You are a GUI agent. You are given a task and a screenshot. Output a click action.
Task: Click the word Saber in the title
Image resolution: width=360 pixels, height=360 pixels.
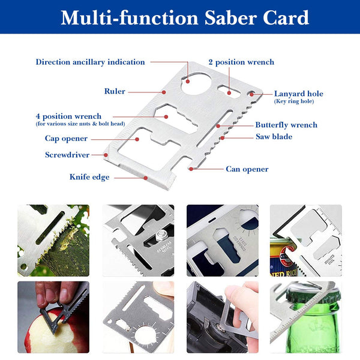230,17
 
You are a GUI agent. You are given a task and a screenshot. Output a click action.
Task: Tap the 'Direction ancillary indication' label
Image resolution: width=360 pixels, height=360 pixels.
90,62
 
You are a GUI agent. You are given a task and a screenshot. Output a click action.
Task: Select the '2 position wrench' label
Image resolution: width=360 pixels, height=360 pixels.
241,62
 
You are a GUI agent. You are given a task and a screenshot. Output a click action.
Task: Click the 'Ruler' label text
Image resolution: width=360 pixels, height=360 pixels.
115,91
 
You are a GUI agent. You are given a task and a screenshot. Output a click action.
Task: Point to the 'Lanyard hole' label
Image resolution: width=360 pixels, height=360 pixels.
299,94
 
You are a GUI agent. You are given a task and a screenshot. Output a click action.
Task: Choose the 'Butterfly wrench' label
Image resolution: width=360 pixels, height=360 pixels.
286,125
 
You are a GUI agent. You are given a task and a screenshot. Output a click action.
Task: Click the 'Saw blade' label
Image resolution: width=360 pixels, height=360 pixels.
274,137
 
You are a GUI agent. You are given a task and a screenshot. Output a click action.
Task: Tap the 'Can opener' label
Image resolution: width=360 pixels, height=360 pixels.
247,169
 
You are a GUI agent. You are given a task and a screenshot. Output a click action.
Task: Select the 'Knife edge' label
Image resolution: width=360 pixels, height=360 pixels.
89,177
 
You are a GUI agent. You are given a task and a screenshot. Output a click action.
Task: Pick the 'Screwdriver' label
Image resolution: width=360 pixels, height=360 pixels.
67,155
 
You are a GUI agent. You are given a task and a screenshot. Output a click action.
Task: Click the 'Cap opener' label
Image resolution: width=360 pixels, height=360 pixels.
66,139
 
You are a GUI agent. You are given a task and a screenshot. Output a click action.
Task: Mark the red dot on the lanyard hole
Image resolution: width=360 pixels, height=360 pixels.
251,94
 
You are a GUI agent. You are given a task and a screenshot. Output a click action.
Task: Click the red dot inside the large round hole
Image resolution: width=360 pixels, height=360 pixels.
188,81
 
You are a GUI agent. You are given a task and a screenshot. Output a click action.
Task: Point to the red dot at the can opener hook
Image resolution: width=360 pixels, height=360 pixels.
191,169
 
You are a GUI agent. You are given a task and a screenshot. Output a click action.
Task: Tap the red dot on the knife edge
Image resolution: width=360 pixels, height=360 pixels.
146,178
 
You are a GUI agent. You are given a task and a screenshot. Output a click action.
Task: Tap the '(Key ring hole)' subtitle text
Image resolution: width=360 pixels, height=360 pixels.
294,101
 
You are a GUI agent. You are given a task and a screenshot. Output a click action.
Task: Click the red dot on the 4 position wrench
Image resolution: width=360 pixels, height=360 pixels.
166,117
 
